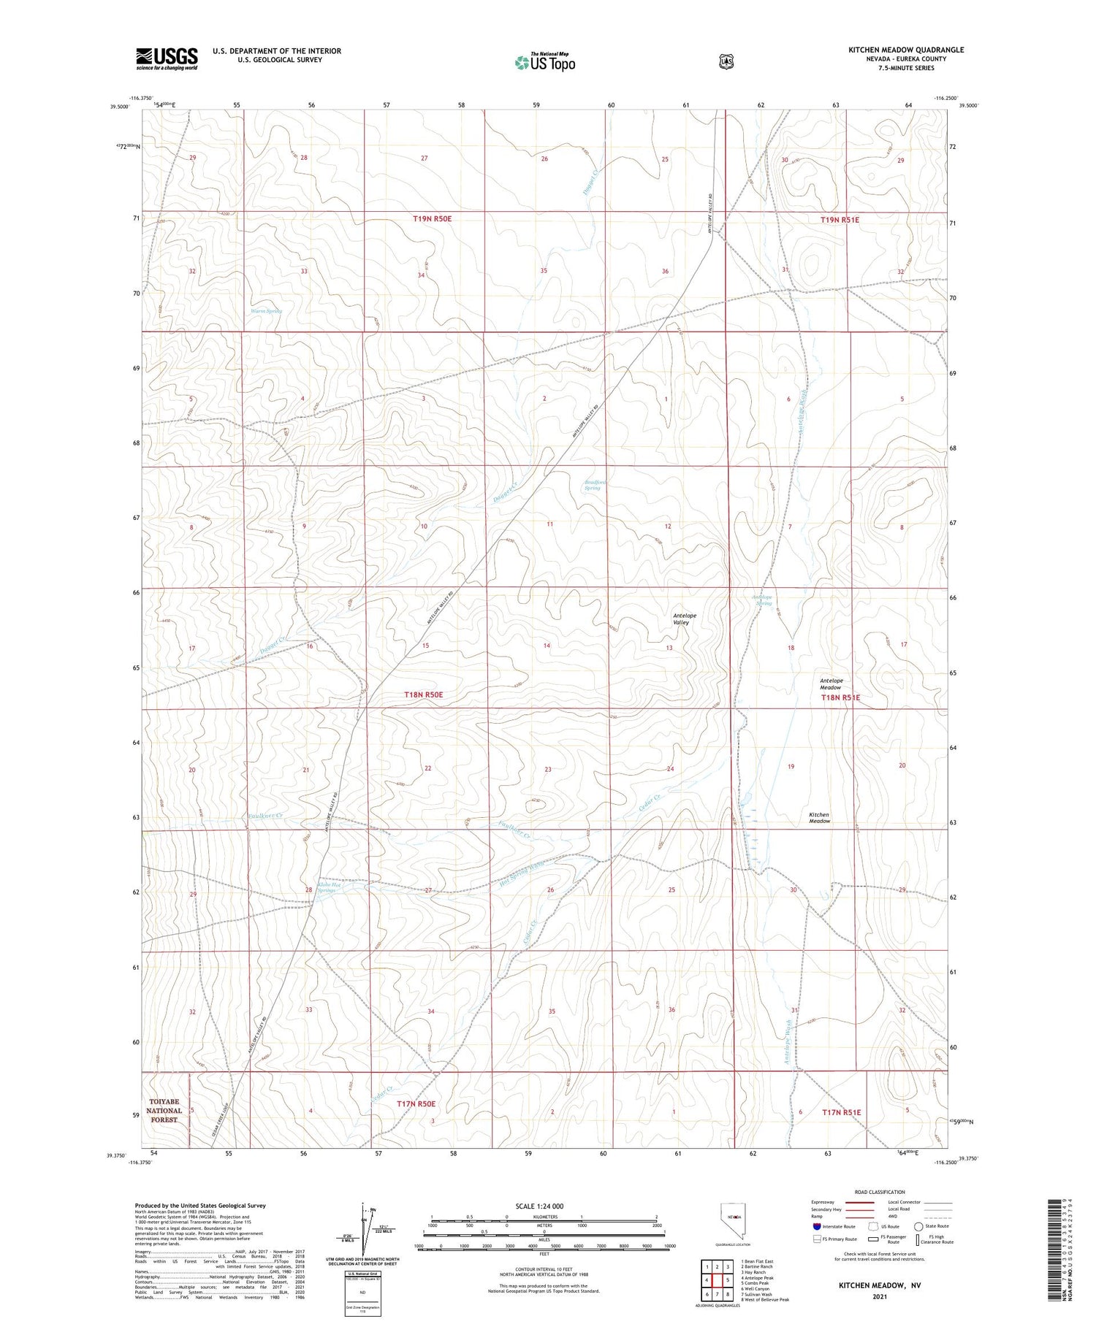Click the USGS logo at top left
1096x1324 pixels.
pos(167,58)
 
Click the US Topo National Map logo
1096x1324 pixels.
pos(544,62)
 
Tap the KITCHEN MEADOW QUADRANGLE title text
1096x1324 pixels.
pos(905,50)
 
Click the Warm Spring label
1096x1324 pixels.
pos(266,311)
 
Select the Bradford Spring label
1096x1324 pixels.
pos(593,485)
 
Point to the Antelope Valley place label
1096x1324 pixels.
pos(685,619)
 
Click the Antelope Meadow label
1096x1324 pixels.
pos(830,684)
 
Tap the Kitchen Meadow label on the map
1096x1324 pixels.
pos(819,818)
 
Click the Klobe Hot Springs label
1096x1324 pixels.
pos(325,888)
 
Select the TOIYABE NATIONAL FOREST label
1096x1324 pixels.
pos(164,1110)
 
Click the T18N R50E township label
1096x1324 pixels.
pos(424,695)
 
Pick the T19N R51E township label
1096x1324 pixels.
pos(840,220)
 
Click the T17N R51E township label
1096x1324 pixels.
pos(842,1112)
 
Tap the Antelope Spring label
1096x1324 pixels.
pos(762,600)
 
